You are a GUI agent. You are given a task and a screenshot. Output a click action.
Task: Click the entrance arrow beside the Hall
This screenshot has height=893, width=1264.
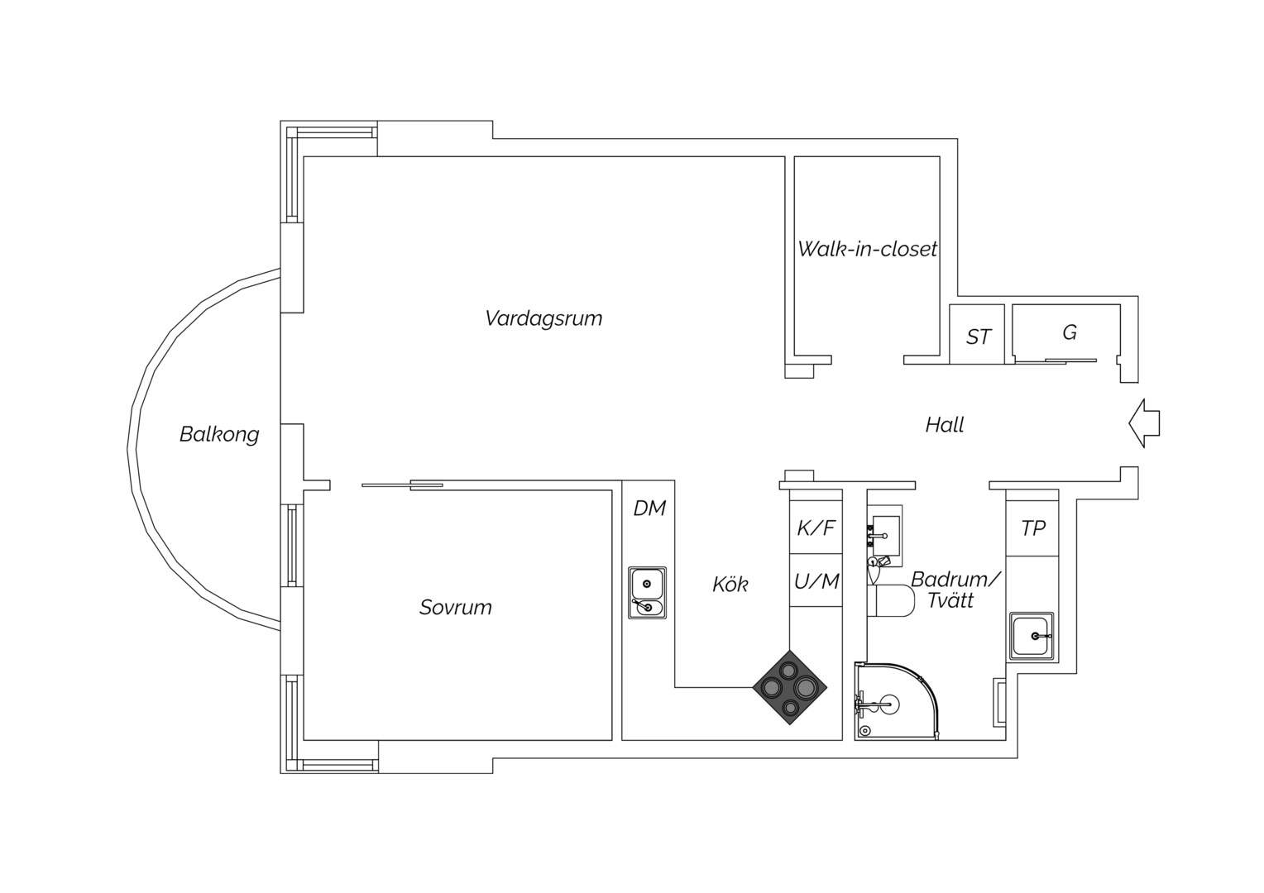1144,423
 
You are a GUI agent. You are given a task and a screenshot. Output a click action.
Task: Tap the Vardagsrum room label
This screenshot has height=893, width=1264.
543,318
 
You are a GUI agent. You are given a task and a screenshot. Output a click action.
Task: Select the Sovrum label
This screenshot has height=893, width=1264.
455,608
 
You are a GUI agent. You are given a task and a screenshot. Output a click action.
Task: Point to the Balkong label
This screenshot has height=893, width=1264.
219,434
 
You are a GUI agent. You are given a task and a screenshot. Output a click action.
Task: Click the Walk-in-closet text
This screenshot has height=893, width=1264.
867,249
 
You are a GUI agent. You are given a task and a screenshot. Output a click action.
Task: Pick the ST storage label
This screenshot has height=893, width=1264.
979,337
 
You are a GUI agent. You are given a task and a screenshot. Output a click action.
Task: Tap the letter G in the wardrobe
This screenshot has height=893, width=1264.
1070,333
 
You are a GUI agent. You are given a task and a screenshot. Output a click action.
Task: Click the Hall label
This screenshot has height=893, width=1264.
945,425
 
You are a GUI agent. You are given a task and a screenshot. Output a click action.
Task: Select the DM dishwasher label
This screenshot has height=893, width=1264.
649,509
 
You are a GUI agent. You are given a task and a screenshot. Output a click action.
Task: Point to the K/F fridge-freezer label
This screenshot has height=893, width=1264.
816,528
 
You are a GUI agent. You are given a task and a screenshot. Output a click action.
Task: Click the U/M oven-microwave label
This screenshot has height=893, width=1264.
816,581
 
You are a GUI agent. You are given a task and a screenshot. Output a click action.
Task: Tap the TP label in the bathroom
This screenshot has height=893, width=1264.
1033,528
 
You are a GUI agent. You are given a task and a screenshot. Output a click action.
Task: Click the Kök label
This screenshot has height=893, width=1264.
730,585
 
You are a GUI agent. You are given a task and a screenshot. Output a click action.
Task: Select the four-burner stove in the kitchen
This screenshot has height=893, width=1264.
789,688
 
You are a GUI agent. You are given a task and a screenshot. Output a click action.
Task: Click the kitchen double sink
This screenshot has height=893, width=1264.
647,593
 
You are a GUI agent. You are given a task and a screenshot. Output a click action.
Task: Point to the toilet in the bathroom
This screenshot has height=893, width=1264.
891,601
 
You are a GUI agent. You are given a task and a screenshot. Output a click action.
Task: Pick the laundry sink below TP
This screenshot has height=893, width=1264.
1032,637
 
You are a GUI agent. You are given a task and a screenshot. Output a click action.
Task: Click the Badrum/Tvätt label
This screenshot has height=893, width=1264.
955,590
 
